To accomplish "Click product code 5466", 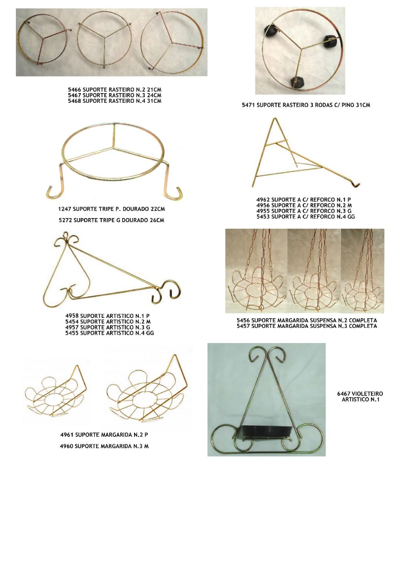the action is [x=75, y=89].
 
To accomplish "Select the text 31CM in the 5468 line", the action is [x=154, y=101].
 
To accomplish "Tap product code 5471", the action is [x=249, y=105].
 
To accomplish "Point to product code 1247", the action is [x=65, y=209].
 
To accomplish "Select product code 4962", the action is [x=263, y=200].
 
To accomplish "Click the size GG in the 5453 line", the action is [x=351, y=217].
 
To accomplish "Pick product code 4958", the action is [x=72, y=316].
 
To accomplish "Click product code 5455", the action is [x=72, y=333].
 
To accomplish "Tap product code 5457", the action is [x=243, y=326].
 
